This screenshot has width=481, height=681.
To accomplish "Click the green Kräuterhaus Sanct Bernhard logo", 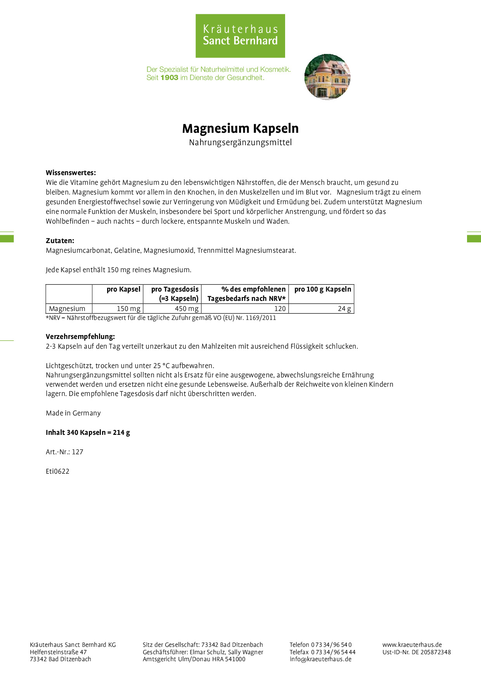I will [240, 36].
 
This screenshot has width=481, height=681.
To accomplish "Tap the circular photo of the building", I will [327, 77].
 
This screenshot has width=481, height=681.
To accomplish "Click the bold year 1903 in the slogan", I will [169, 78].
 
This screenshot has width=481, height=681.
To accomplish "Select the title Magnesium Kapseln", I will [240, 129].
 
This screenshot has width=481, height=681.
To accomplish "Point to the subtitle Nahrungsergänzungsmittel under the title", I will [240, 142].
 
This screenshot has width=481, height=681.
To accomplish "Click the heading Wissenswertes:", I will [71, 173].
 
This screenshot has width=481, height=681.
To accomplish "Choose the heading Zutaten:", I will [60, 241].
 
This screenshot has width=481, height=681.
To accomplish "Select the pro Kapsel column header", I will [123, 289].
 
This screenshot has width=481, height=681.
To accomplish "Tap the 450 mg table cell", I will [187, 309].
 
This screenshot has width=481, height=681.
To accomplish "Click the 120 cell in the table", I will [280, 309].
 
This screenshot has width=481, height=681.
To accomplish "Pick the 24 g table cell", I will [344, 309].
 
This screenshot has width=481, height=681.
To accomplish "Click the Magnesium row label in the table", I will [67, 309].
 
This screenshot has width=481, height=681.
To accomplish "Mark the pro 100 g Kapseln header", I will [322, 289].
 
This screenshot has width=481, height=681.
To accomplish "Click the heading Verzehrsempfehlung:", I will [80, 337].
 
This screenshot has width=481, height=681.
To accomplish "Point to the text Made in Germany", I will [73, 413].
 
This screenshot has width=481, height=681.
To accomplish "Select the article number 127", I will [78, 452].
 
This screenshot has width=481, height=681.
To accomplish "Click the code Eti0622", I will [57, 471].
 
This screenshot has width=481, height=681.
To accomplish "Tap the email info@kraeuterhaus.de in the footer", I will [320, 659].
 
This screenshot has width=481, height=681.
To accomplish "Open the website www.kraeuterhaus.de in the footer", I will [412, 645].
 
